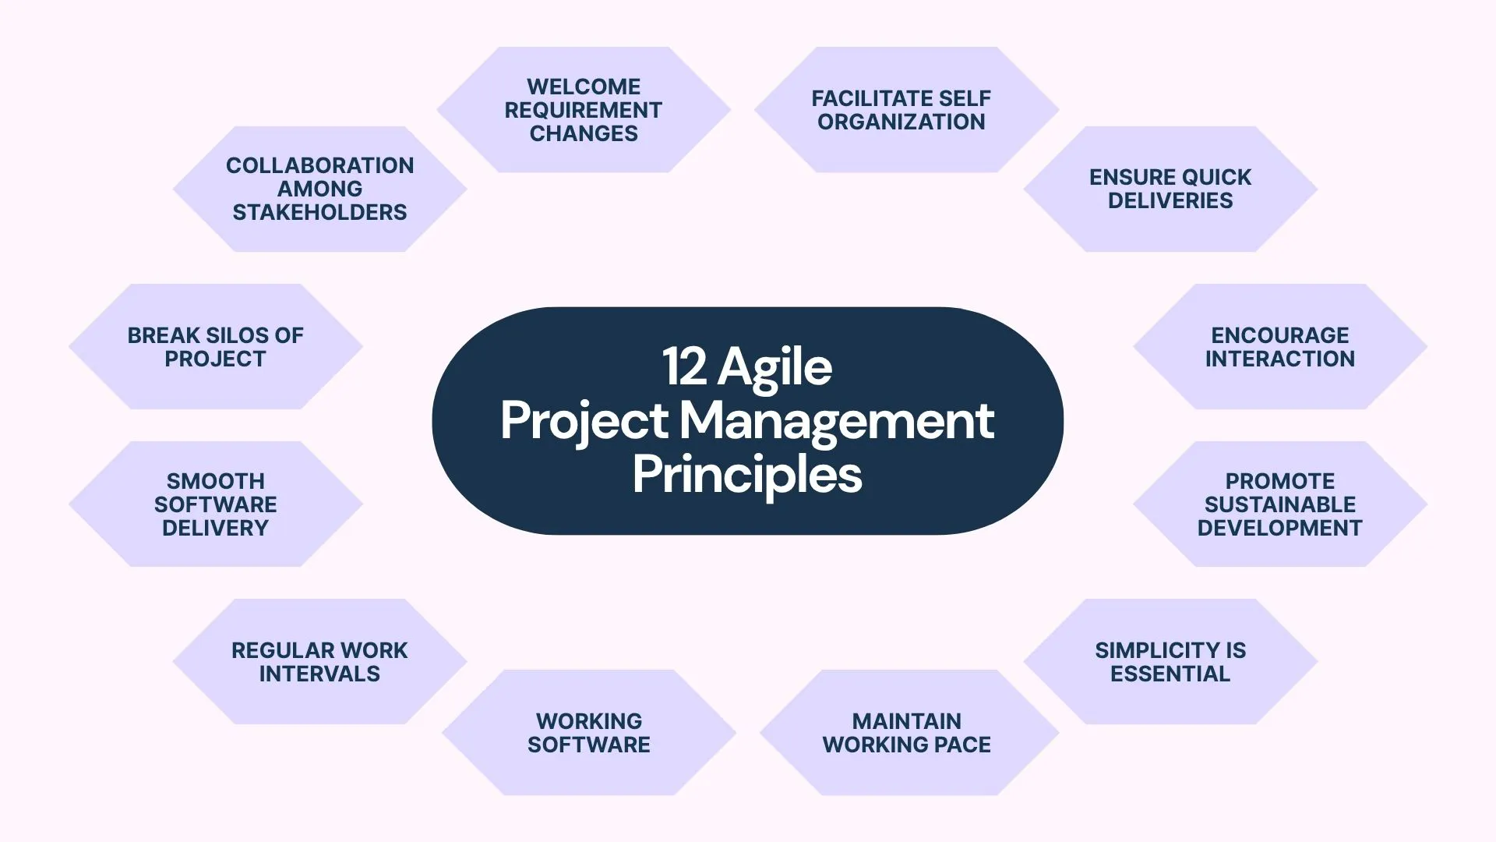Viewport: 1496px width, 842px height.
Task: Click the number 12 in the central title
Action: tap(685, 366)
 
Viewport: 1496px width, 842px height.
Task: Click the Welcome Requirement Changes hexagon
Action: tap(584, 110)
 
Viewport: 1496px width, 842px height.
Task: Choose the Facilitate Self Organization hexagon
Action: tap(906, 110)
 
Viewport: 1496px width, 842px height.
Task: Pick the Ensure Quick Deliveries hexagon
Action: tap(1170, 189)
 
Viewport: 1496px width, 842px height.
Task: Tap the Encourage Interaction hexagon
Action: tap(1280, 346)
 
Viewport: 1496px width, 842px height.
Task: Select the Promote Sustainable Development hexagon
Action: tap(1280, 504)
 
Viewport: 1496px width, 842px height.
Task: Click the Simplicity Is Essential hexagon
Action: tap(1170, 661)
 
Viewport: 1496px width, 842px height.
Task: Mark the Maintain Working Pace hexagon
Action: tap(909, 732)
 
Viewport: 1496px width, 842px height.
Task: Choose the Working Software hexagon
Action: tap(589, 732)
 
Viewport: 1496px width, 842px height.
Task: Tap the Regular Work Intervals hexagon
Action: tap(319, 661)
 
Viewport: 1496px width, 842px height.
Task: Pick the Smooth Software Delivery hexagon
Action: tap(216, 504)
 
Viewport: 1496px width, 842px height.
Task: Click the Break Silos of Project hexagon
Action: tap(216, 346)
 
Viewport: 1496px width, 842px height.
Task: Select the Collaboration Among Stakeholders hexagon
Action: tap(319, 189)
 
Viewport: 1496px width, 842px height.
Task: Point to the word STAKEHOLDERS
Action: tap(319, 212)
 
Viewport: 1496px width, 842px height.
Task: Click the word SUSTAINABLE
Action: tap(1280, 504)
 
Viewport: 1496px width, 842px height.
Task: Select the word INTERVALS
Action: tap(319, 674)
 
